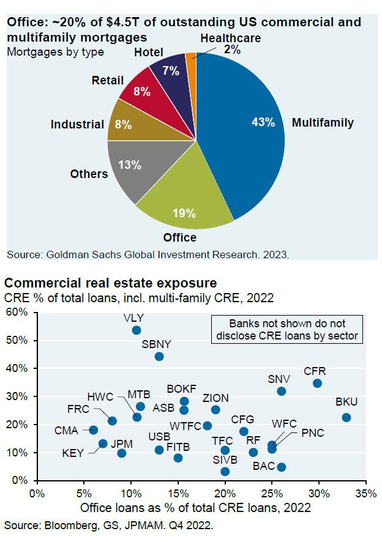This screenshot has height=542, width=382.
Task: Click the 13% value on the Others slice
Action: pyautogui.click(x=129, y=165)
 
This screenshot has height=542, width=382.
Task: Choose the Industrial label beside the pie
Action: pyautogui.click(x=77, y=125)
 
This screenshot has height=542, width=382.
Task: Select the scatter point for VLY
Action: pyautogui.click(x=137, y=330)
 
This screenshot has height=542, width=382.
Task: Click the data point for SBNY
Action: pyautogui.click(x=159, y=357)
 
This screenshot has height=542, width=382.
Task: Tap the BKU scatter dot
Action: pyautogui.click(x=346, y=418)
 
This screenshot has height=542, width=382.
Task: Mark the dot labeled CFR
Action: pyautogui.click(x=317, y=384)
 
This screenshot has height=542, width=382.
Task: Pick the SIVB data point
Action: pyautogui.click(x=225, y=471)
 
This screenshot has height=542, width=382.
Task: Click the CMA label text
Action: pyautogui.click(x=66, y=431)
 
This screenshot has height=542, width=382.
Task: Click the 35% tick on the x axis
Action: pyautogui.click(x=365, y=492)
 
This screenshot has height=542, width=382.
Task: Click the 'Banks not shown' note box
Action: pyautogui.click(x=285, y=328)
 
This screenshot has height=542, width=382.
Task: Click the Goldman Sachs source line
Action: pyautogui.click(x=147, y=254)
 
